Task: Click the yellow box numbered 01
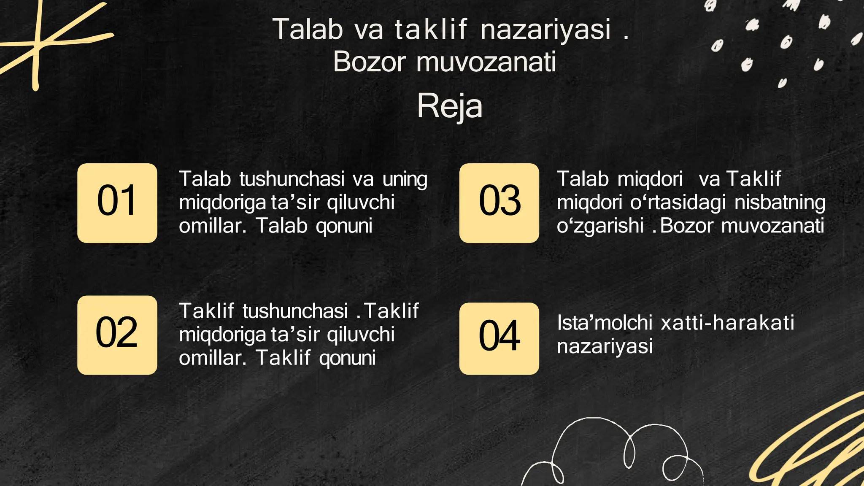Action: coord(117,202)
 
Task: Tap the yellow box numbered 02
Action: coord(117,335)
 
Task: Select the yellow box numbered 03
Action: coord(499,202)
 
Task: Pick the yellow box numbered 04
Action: coord(499,338)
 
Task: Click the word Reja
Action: coord(449,106)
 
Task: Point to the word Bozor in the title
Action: coord(369,62)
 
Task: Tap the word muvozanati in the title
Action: coord(486,62)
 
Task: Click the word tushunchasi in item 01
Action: coord(292,179)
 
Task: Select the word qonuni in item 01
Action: coord(344,226)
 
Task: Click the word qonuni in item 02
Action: coord(347,358)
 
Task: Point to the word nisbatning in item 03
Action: coord(780,203)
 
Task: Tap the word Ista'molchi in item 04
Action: coord(605,323)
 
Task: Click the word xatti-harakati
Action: coord(727,323)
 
